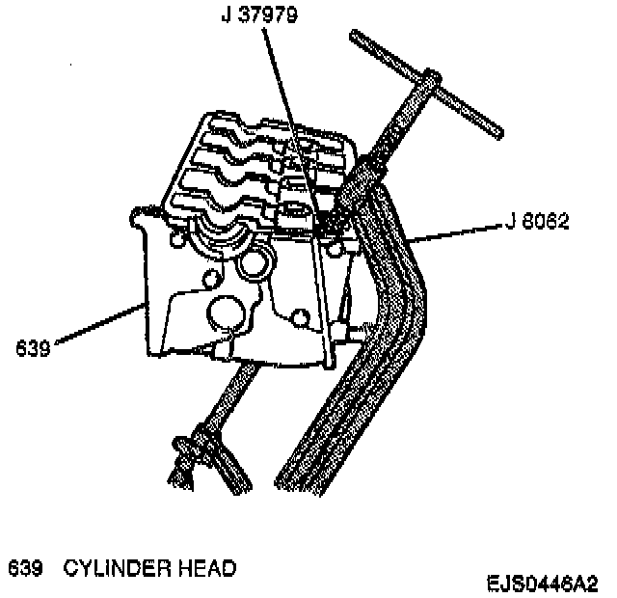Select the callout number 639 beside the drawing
pos(34,344)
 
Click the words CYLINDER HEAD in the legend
pos(149,568)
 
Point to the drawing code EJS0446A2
pos(541,584)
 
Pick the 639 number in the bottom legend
pos(26,568)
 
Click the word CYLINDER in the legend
pos(121,568)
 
